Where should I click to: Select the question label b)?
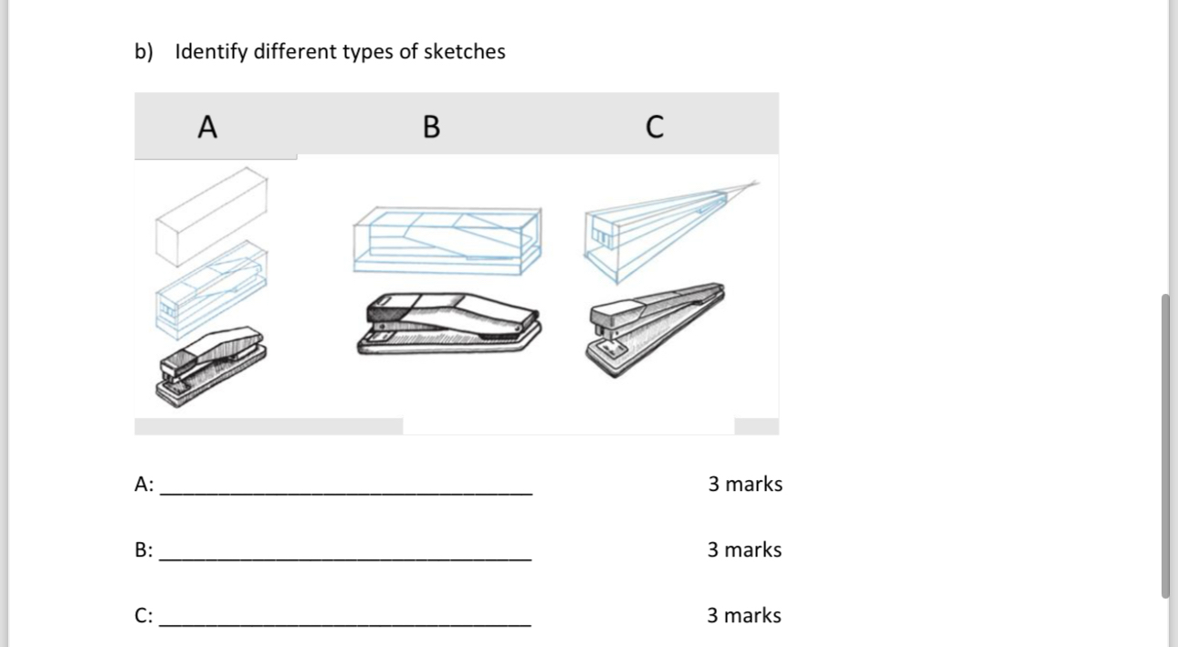pos(143,51)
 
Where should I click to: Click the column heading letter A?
pos(207,127)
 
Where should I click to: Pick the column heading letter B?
pos(431,127)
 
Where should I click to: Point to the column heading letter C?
pos(655,127)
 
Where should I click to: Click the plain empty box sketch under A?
pos(212,216)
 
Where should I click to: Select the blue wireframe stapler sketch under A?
pos(212,290)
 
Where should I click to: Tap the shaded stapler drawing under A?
pos(212,367)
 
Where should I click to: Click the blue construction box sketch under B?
pos(447,240)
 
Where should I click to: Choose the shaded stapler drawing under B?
pos(449,323)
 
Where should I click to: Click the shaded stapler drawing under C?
pos(656,330)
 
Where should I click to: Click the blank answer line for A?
pos(346,494)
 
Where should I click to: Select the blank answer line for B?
pos(345,559)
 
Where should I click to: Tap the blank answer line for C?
pos(345,625)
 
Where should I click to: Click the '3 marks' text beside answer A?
pos(745,484)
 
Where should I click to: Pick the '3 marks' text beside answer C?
pos(744,615)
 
